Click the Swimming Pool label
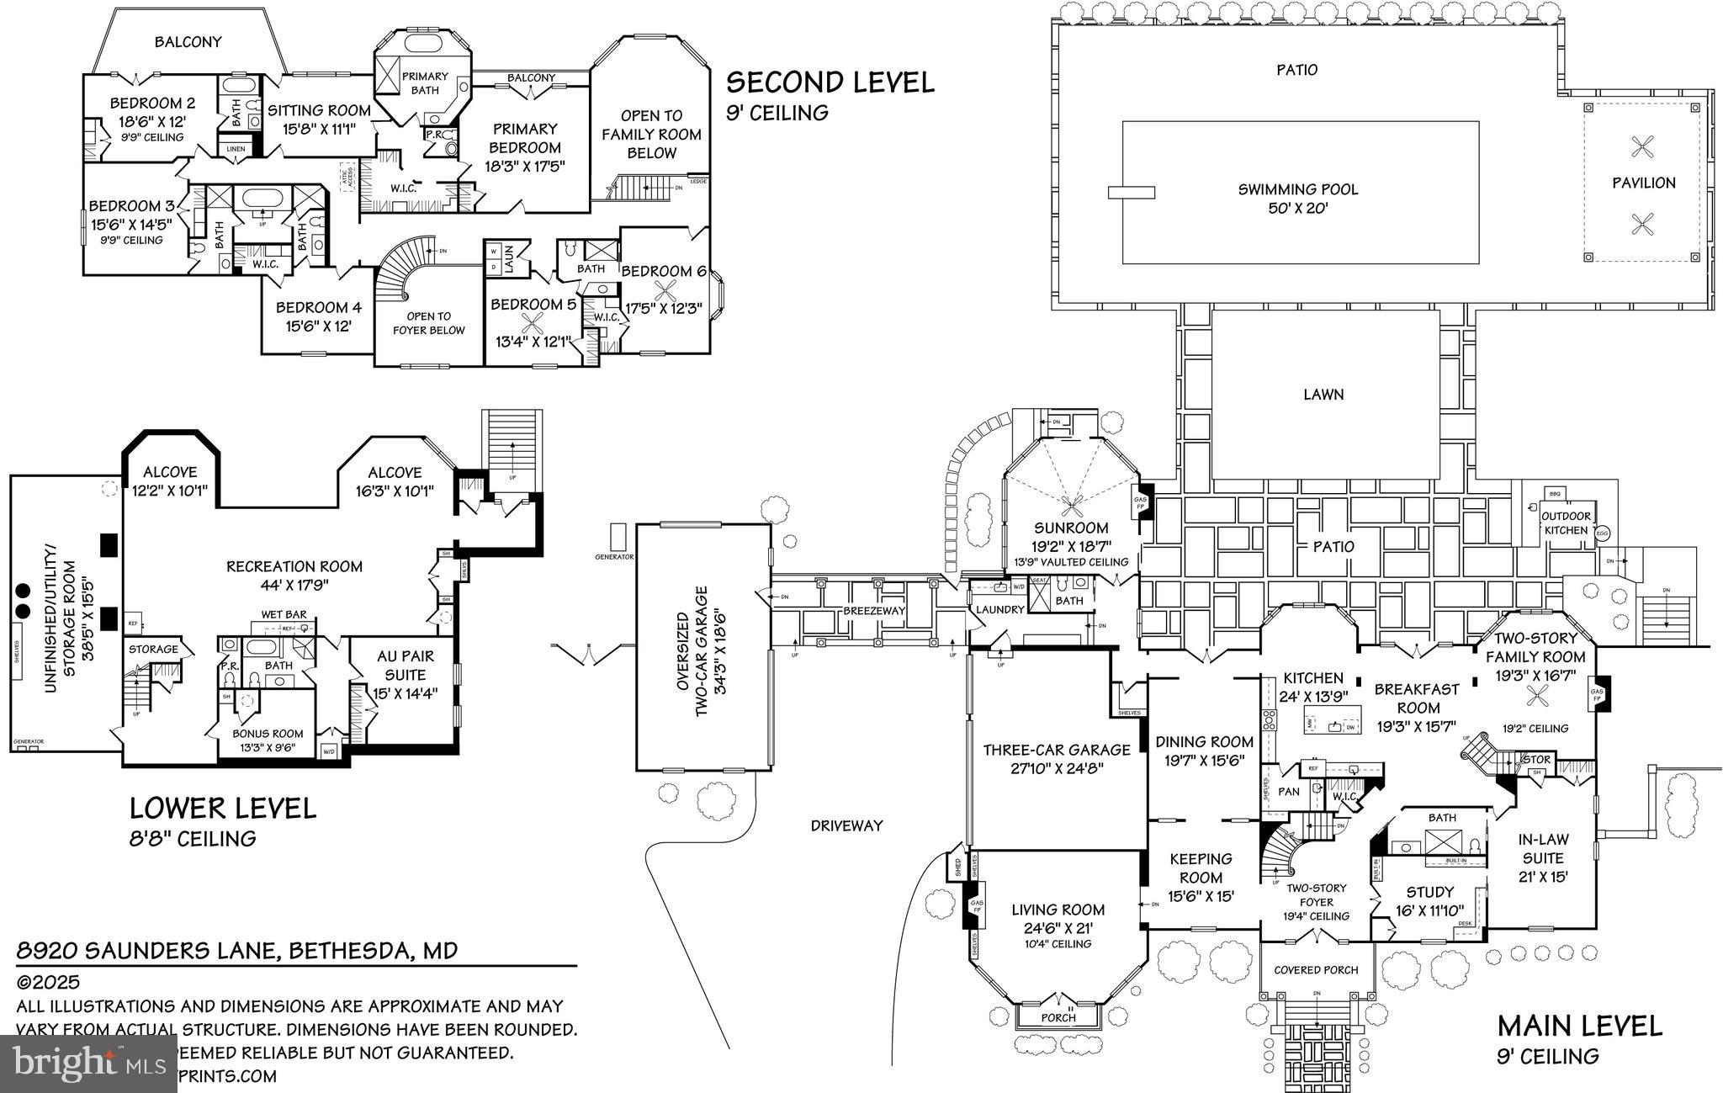pyautogui.click(x=1298, y=189)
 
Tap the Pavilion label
pyautogui.click(x=1643, y=183)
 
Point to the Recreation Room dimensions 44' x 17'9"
pyautogui.click(x=294, y=586)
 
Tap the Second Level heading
pyautogui.click(x=830, y=82)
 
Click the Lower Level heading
pyautogui.click(x=223, y=808)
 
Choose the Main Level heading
pyautogui.click(x=1580, y=1027)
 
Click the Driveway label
pyautogui.click(x=846, y=825)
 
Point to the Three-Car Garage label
pyautogui.click(x=1057, y=750)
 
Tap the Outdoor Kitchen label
pyautogui.click(x=1566, y=523)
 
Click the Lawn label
pyautogui.click(x=1323, y=394)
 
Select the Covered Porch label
pyautogui.click(x=1316, y=969)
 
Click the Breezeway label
pyautogui.click(x=874, y=611)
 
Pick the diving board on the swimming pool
pyautogui.click(x=1131, y=193)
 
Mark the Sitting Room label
pyautogui.click(x=319, y=110)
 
